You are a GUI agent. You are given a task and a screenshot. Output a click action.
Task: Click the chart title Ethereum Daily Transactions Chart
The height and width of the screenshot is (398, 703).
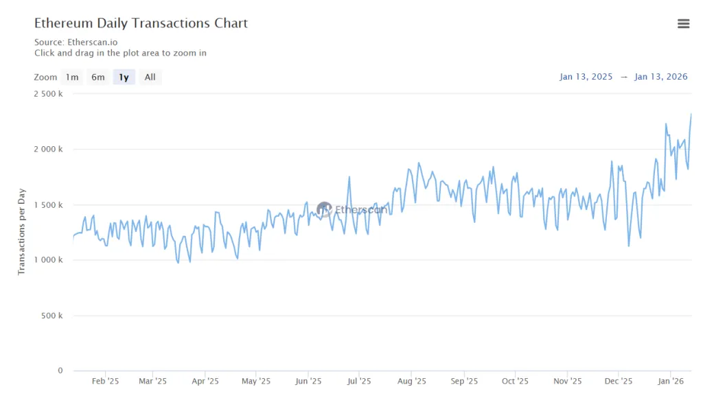[141, 23]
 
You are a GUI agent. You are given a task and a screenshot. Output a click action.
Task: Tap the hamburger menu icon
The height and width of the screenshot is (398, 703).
[683, 24]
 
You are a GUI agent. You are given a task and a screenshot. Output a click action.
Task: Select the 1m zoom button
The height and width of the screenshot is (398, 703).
[72, 78]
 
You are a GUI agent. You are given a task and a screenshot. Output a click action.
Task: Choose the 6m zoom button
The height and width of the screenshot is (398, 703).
[98, 78]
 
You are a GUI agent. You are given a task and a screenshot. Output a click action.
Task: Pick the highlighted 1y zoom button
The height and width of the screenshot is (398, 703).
[124, 78]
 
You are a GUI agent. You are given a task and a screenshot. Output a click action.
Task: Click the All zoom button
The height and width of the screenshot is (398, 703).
[150, 78]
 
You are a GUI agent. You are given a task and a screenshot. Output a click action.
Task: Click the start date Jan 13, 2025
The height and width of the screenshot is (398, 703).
[586, 77]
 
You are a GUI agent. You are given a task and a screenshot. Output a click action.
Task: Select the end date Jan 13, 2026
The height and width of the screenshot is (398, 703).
[661, 77]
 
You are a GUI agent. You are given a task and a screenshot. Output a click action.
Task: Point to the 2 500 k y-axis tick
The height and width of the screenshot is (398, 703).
[48, 94]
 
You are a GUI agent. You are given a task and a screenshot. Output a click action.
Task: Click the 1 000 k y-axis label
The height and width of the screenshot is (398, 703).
[48, 260]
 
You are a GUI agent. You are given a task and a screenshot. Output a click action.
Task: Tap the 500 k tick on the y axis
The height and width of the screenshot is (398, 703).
[52, 316]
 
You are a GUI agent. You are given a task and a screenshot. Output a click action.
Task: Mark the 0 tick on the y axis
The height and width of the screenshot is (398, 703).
[60, 371]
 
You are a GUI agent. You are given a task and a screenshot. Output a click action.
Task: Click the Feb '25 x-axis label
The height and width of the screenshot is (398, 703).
[105, 382]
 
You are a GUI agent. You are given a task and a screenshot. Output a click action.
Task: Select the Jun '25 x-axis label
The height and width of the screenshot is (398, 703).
[308, 382]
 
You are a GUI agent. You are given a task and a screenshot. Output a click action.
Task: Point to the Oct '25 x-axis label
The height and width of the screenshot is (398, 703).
[515, 382]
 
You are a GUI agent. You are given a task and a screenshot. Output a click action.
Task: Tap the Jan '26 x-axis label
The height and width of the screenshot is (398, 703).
[671, 382]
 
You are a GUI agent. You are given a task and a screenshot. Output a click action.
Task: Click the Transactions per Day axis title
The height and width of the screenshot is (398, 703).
[21, 231]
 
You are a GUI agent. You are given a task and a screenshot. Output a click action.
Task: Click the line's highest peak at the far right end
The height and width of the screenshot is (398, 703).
[691, 115]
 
